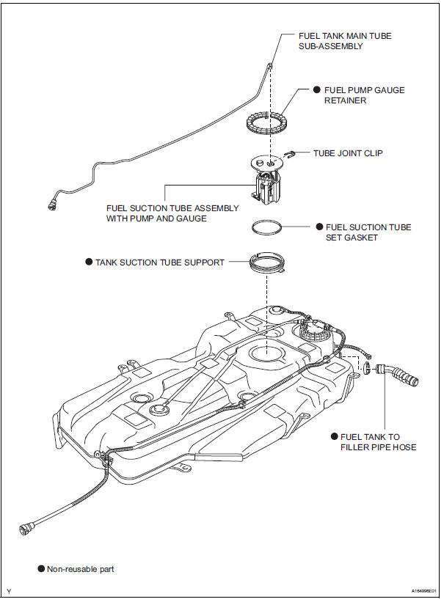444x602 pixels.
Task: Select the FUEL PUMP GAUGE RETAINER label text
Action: point(364,96)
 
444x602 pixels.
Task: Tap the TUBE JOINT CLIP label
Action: point(348,154)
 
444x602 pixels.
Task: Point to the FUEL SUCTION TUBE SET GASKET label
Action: point(368,232)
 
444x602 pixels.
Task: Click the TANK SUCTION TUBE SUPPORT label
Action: point(160,262)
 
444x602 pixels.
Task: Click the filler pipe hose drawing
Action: point(398,374)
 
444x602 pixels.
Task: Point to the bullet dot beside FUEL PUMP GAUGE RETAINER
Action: point(317,91)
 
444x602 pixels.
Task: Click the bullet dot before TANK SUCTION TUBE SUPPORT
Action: point(89,262)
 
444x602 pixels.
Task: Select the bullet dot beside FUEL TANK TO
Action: point(334,436)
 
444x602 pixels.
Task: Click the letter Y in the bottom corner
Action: point(9,591)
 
